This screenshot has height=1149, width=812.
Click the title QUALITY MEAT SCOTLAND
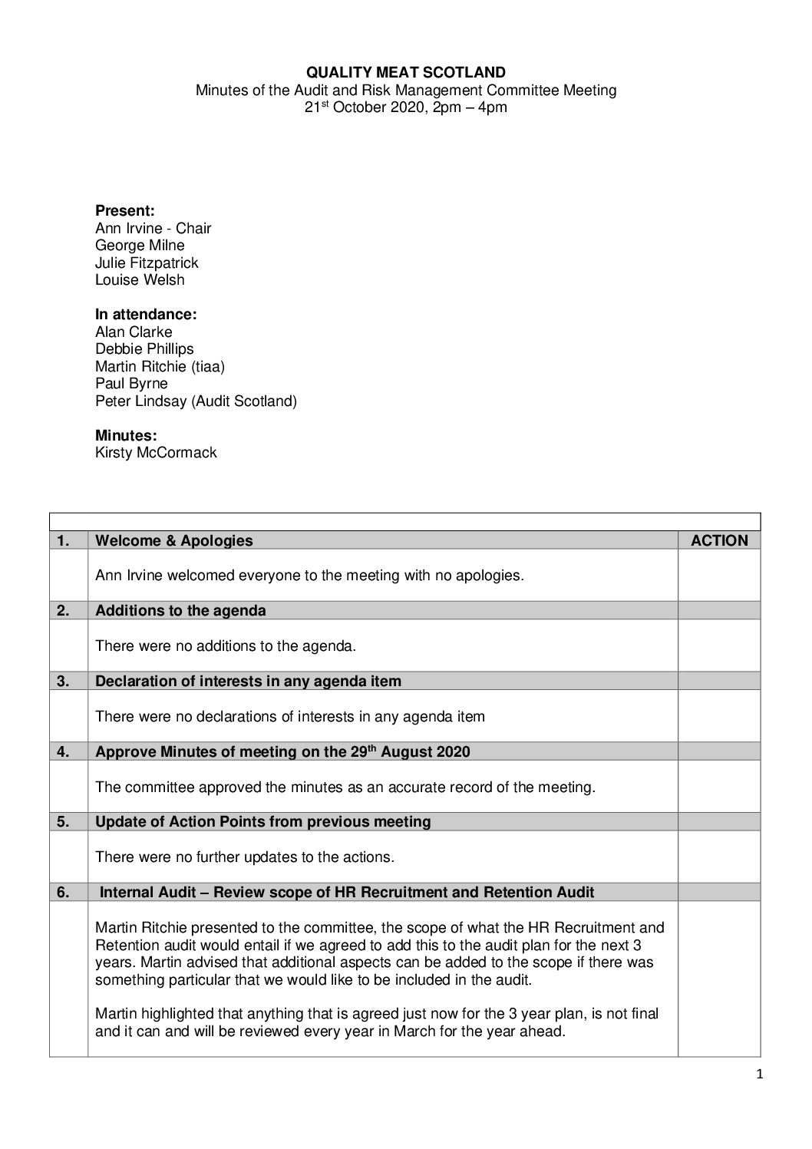click(406, 73)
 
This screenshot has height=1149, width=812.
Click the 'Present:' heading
click(125, 211)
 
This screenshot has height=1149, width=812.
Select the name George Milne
click(140, 246)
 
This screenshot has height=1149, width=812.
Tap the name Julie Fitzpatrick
click(147, 262)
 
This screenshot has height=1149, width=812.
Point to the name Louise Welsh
click(140, 280)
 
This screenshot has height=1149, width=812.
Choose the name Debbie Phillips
click(144, 349)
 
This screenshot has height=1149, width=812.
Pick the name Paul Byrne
click(131, 384)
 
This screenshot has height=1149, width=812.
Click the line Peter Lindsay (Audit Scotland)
click(196, 401)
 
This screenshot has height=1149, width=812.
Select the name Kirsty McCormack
click(156, 453)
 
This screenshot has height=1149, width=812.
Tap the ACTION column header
click(719, 540)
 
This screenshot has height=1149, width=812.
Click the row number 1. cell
click(63, 540)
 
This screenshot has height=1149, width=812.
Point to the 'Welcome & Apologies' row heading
click(173, 540)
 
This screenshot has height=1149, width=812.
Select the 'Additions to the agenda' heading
click(180, 611)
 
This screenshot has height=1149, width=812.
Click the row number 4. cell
click(63, 752)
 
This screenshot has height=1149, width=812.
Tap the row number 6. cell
click(63, 893)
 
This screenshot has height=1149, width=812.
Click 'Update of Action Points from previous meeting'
click(262, 822)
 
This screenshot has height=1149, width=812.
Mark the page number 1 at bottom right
click(759, 1075)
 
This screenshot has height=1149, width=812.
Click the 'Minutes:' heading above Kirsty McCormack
click(126, 435)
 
